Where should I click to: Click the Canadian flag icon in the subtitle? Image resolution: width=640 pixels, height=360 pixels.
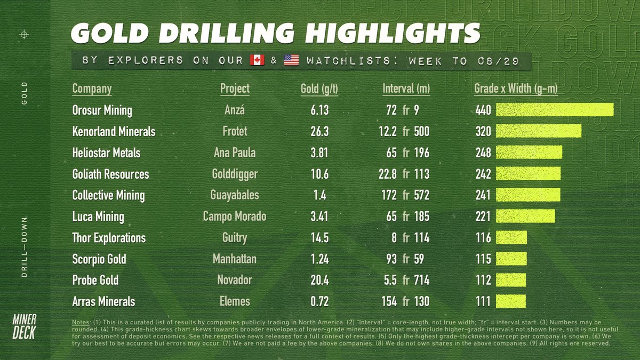pyautogui.click(x=257, y=61)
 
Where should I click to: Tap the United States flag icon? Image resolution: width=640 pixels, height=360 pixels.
pyautogui.click(x=291, y=61)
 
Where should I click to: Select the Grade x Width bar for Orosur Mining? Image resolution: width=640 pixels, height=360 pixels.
pyautogui.click(x=555, y=110)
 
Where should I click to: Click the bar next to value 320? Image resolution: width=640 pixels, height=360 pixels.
pyautogui.click(x=539, y=131)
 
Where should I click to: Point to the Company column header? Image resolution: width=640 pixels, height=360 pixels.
pyautogui.click(x=92, y=89)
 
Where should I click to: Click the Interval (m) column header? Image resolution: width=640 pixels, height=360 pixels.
pyautogui.click(x=406, y=89)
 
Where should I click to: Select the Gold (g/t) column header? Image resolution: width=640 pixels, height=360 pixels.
pyautogui.click(x=319, y=89)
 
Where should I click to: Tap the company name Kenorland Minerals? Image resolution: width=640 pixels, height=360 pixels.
pyautogui.click(x=114, y=131)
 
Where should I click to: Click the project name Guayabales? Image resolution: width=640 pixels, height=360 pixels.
pyautogui.click(x=235, y=195)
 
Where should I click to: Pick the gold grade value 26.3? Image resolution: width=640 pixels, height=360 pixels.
pyautogui.click(x=319, y=131)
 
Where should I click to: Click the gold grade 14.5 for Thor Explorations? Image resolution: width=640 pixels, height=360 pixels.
pyautogui.click(x=319, y=238)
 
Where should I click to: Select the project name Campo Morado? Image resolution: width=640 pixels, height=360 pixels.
pyautogui.click(x=235, y=217)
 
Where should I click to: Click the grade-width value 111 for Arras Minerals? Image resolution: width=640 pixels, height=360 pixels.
pyautogui.click(x=483, y=301)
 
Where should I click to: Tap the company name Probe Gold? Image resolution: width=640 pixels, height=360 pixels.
pyautogui.click(x=95, y=280)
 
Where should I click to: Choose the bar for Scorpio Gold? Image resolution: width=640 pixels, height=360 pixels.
pyautogui.click(x=511, y=259)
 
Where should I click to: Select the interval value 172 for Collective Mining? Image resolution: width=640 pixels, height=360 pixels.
pyautogui.click(x=388, y=195)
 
